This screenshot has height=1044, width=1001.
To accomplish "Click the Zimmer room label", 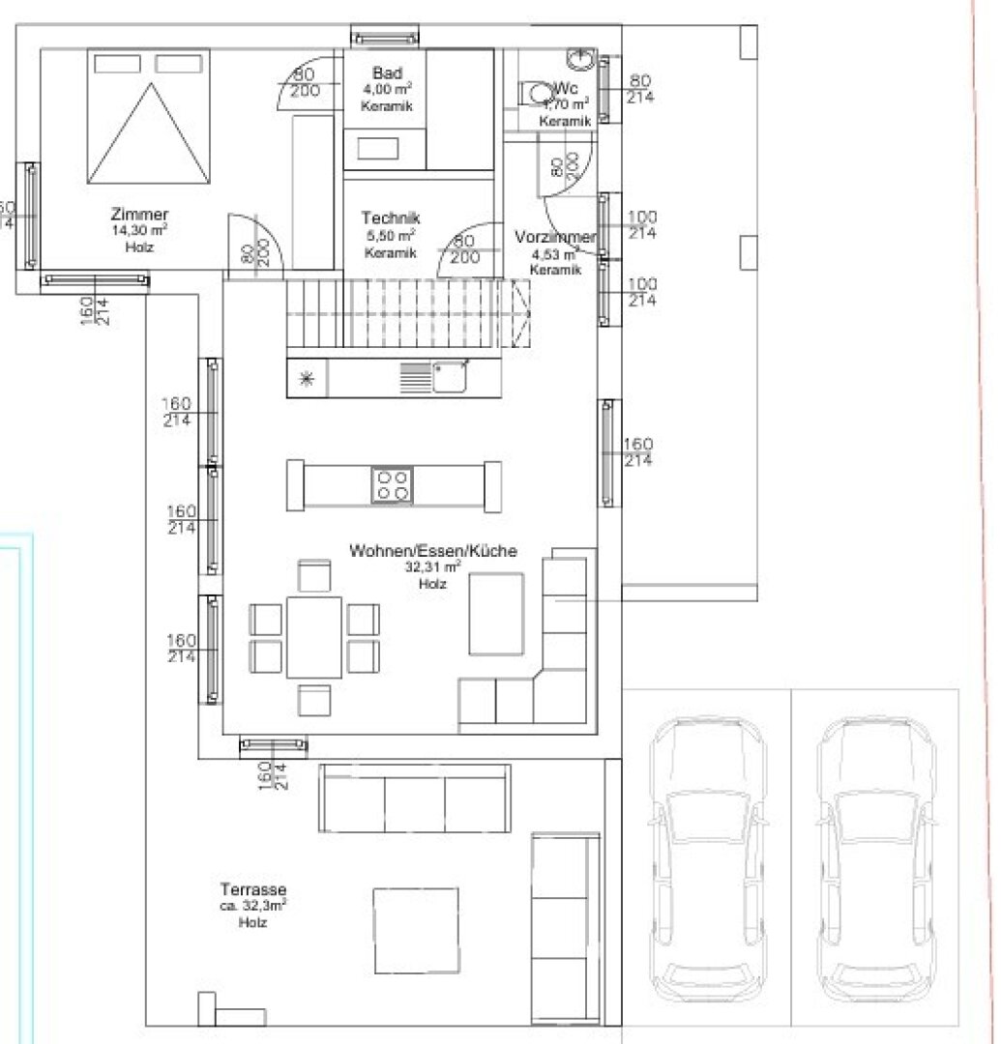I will click(x=139, y=215).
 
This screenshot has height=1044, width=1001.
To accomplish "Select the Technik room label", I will click(x=391, y=218).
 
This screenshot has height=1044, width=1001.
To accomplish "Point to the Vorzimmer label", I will click(x=555, y=238).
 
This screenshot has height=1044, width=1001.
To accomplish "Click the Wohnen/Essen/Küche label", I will click(x=432, y=551).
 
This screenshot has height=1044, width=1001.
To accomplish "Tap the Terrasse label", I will click(x=252, y=890).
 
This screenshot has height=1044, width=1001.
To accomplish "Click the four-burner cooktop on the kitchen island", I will click(x=392, y=484).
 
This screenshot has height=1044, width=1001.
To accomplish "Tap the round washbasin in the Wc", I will click(x=580, y=60).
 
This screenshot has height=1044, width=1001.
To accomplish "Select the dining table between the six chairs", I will click(x=313, y=636).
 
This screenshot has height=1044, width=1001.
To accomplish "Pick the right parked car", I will click(x=874, y=861).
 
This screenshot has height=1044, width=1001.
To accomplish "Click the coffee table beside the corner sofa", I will click(x=496, y=614).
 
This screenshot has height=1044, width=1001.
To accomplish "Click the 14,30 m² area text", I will click(x=139, y=231).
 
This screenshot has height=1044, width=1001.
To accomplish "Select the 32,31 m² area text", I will click(x=432, y=567).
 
